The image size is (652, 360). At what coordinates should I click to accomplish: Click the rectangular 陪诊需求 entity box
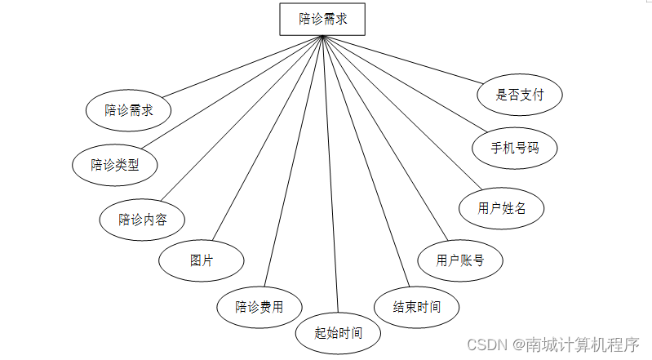(322, 19)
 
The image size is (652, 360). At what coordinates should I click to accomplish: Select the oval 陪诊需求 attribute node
(128, 110)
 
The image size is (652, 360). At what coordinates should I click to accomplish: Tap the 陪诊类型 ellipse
(114, 165)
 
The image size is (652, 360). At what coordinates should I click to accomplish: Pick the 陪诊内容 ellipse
(141, 219)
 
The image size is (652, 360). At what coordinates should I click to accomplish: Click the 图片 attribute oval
(201, 261)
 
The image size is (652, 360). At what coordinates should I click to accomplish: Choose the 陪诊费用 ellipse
(259, 307)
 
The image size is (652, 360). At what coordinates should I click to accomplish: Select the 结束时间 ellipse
(417, 307)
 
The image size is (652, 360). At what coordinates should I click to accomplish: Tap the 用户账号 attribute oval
(460, 261)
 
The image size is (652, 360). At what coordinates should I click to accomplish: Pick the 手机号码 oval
(515, 149)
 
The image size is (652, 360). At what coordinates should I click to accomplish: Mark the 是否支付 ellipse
(520, 95)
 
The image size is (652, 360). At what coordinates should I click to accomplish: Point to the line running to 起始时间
(330, 180)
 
